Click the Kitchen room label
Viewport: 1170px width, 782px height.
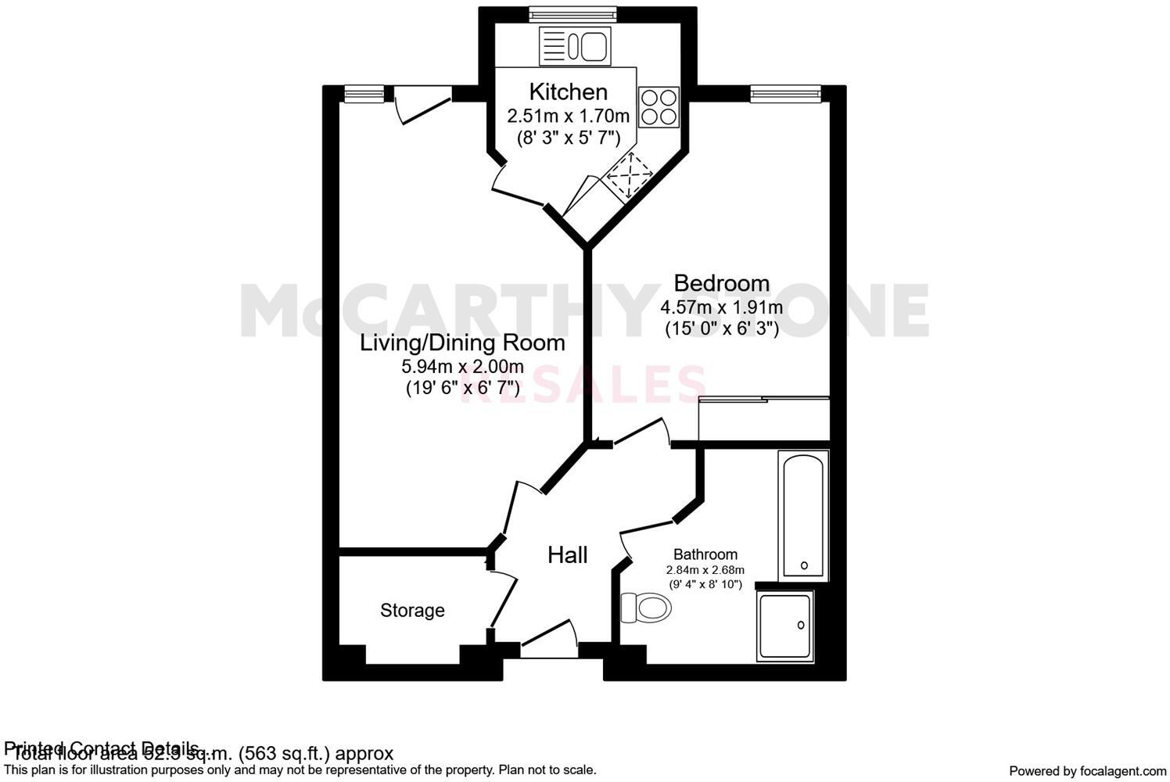coord(568,91)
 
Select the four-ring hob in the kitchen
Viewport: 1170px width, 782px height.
coord(659,107)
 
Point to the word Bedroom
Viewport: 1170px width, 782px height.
coord(721,282)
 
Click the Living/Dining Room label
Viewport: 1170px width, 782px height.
coord(462,343)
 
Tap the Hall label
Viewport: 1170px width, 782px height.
coord(567,555)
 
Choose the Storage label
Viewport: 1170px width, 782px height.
coord(412,610)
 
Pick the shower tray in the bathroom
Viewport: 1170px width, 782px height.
coord(786,626)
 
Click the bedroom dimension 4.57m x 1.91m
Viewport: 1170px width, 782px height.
coord(721,307)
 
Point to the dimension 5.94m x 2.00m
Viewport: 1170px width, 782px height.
coord(462,366)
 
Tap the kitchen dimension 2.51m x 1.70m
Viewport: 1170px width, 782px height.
coord(568,117)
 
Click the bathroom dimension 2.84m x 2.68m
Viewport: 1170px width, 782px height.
coord(705,570)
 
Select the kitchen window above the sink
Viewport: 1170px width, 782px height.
coord(572,13)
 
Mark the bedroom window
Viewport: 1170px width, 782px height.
coord(786,94)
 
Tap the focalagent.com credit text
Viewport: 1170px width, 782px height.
coord(1087,771)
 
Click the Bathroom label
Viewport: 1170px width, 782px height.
coord(705,554)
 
